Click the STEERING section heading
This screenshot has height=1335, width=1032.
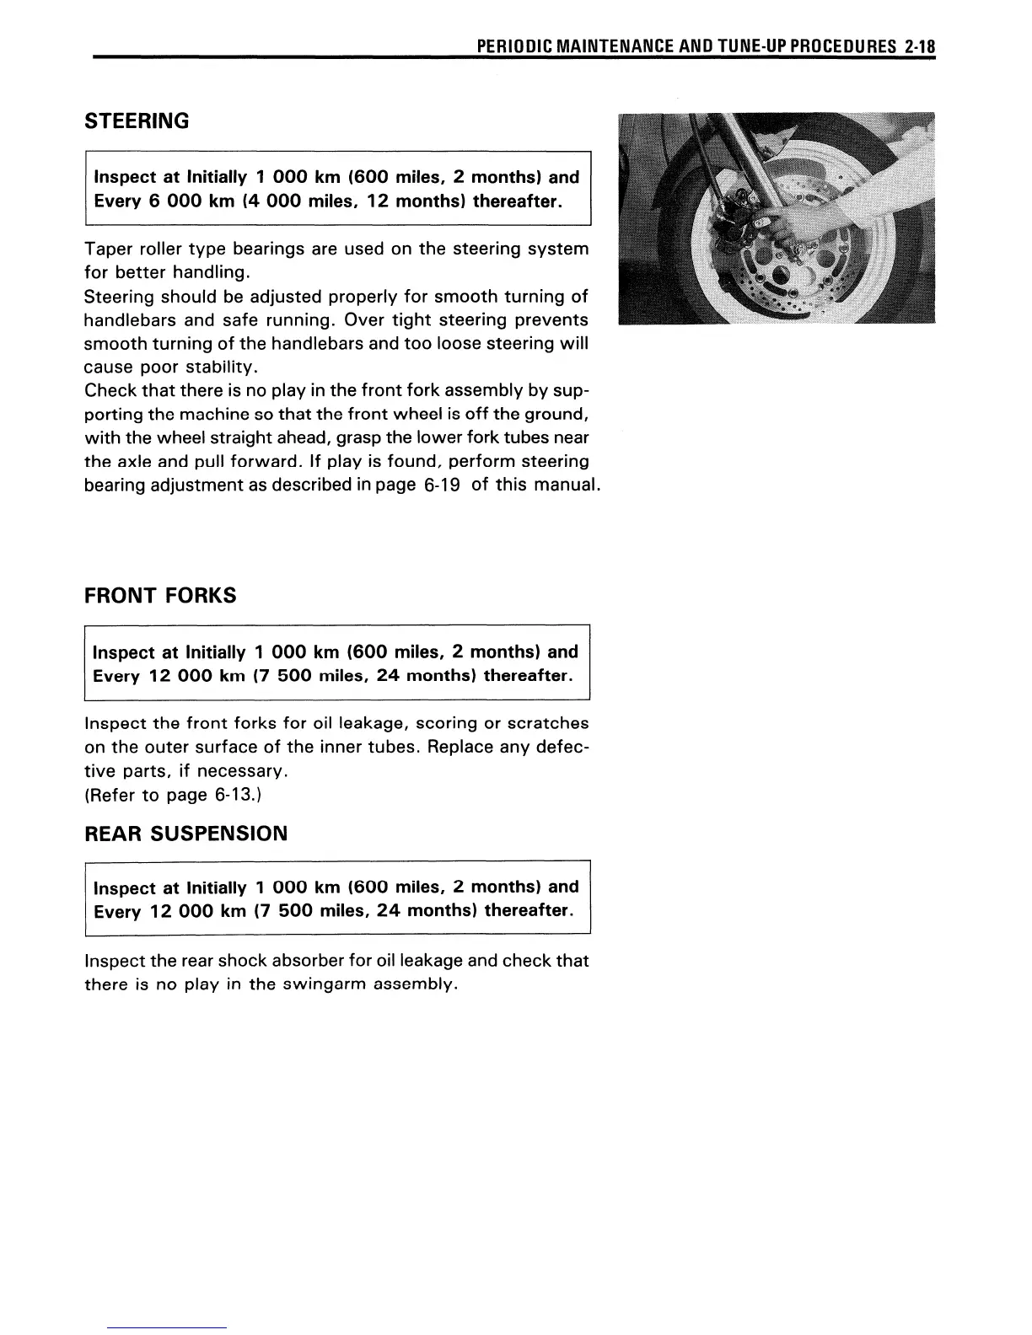[137, 121]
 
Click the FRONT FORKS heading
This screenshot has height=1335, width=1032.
[160, 596]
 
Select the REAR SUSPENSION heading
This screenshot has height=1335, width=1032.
[186, 834]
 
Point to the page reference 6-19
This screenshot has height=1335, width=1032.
[442, 485]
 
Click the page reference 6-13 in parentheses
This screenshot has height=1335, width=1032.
[244, 795]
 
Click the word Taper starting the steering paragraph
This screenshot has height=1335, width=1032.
[106, 249]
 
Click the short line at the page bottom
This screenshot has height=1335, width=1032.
[168, 1327]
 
